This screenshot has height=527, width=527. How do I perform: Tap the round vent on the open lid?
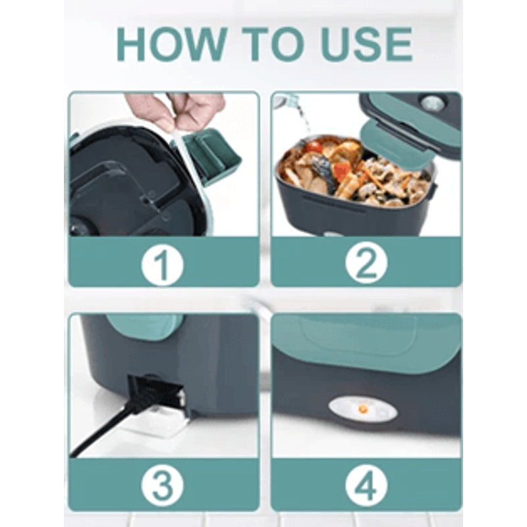click(x=432, y=104)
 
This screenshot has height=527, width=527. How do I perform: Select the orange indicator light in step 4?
click(x=362, y=408)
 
